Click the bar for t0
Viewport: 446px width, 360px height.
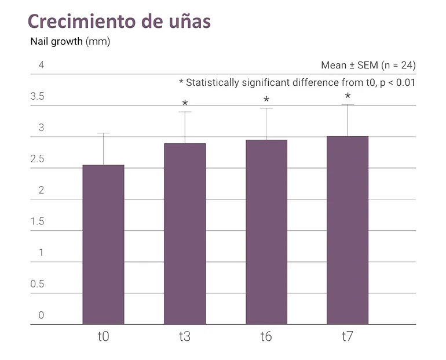tap(103, 245)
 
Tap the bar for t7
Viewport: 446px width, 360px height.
tap(348, 230)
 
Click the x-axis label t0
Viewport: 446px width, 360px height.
tap(103, 337)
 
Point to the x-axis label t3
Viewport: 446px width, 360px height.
tap(185, 337)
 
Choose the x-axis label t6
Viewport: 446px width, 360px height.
tap(266, 337)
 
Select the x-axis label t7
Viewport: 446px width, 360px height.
tap(348, 337)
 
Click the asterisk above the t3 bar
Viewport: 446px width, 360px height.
tap(185, 104)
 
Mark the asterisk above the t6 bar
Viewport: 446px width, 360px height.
tap(266, 100)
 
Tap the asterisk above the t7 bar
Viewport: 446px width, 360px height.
tap(348, 96)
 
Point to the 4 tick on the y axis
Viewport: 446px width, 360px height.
tap(41, 65)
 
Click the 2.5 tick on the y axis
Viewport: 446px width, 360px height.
tap(37, 159)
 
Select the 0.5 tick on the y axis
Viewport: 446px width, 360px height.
tap(37, 284)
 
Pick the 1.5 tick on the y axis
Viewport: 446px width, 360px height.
tap(37, 221)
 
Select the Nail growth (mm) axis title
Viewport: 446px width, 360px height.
tap(70, 42)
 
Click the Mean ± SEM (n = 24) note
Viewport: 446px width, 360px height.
tap(368, 65)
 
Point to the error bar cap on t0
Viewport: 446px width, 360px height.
tap(103, 133)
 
